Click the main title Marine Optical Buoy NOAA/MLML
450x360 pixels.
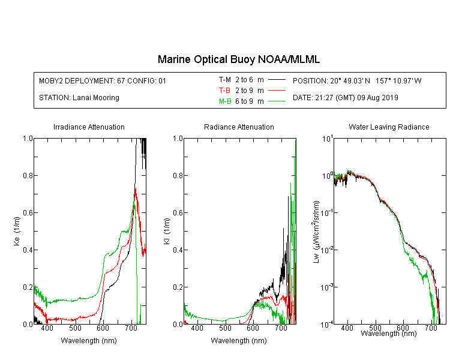pyautogui.click(x=238, y=59)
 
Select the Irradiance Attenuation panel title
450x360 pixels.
pyautogui.click(x=89, y=127)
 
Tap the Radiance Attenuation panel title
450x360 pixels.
pyautogui.click(x=239, y=127)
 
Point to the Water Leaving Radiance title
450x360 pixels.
pyautogui.click(x=389, y=127)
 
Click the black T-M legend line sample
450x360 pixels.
pyautogui.click(x=277, y=80)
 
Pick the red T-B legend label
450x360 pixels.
pyautogui.click(x=224, y=91)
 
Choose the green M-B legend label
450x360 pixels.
pyautogui.click(x=225, y=101)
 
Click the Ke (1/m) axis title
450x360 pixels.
pyautogui.click(x=17, y=231)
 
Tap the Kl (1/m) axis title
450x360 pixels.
pyautogui.click(x=167, y=231)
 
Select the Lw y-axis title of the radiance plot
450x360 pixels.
pyautogui.click(x=316, y=232)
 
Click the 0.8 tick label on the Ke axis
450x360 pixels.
pyautogui.click(x=28, y=175)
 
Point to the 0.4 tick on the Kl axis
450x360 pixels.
pyautogui.click(x=178, y=250)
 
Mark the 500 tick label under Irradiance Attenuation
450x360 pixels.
pyautogui.click(x=75, y=328)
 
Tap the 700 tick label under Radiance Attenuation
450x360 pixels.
pyautogui.click(x=281, y=328)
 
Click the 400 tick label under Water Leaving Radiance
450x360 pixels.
pyautogui.click(x=347, y=328)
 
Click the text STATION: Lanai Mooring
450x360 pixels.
pyautogui.click(x=79, y=98)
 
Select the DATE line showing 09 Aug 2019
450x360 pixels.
pyautogui.click(x=345, y=98)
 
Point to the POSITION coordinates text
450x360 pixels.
pyautogui.click(x=357, y=80)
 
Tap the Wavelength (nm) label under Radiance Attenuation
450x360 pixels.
pyautogui.click(x=239, y=341)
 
